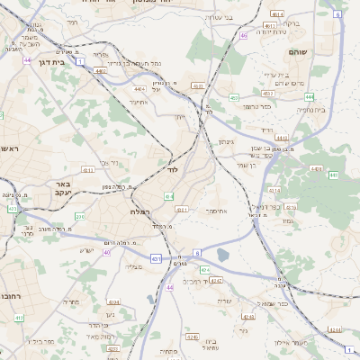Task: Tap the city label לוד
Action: click(171, 169)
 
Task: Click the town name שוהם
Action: click(321, 52)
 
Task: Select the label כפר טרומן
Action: click(256, 106)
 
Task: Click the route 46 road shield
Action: click(244, 36)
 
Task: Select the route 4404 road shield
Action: click(139, 88)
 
